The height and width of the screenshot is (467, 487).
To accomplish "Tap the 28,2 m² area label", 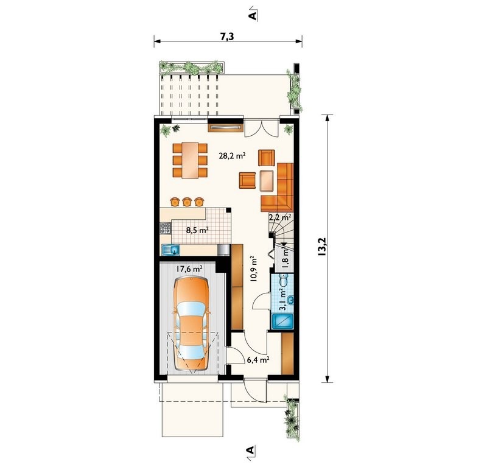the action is click(233, 156).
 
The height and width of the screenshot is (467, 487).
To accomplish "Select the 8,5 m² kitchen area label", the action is click(197, 230).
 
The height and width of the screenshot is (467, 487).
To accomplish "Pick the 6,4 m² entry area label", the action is click(258, 360).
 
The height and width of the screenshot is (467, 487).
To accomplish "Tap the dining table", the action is click(190, 160).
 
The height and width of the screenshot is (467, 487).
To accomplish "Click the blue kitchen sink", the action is click(171, 250).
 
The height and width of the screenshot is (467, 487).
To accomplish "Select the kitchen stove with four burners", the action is click(165, 228).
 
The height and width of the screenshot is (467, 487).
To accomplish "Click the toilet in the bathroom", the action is click(283, 280).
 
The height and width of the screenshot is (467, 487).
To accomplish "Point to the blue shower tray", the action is click(282, 321).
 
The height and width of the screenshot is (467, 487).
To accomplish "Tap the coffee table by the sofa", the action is click(267, 180).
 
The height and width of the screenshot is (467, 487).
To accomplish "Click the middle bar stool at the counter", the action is click(187, 202).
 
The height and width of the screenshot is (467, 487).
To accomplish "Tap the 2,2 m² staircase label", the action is click(280, 217).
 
